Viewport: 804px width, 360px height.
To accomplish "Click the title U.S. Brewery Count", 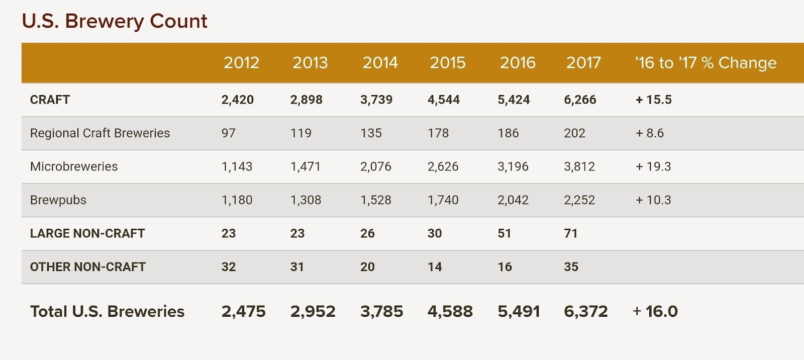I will pos(115,21).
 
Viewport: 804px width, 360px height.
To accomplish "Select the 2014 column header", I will pos(380,63).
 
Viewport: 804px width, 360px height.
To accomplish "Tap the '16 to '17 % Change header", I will pos(706,63).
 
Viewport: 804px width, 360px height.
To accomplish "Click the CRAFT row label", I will pos(50,100).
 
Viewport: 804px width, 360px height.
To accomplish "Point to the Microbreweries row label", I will pos(74,166).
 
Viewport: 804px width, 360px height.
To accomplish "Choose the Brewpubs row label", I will pos(58,200).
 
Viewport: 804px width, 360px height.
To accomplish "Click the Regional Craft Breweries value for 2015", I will pos(438,133).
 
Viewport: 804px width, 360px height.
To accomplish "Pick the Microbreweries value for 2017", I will pos(579,166).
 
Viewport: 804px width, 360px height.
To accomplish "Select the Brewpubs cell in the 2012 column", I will pos(237,200).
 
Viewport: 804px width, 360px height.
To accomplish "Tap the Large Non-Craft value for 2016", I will pos(504,233).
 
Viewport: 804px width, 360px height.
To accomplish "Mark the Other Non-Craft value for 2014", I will pos(367,267).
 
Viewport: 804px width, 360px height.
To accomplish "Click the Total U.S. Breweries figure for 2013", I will pos(313,311).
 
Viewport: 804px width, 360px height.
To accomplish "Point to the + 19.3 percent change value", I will pos(653,166).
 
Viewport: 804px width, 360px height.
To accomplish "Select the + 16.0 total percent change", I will pos(655,311).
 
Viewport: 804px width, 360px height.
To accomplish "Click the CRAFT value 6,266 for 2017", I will pos(580,100).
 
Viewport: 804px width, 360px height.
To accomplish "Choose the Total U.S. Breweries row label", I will pos(107,311).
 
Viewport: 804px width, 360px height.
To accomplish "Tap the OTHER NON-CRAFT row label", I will pos(88,267).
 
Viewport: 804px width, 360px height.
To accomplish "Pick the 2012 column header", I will pos(241,63).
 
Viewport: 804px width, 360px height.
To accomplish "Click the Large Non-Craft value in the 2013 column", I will pos(297,233).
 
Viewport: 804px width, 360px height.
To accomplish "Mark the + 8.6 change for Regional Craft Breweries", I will pos(650,133).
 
